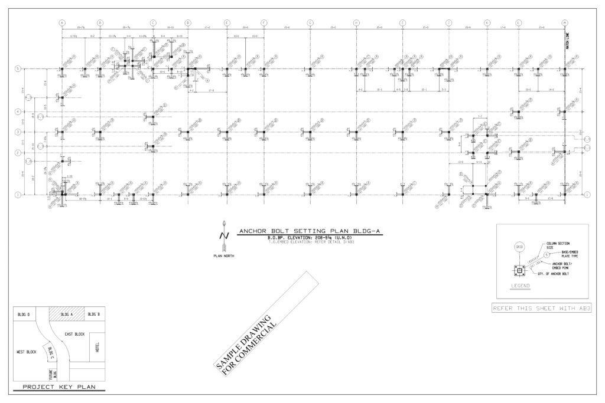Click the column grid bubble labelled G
click(310, 23)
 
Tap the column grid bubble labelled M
click(565, 23)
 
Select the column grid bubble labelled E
click(227, 23)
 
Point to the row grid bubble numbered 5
click(18, 69)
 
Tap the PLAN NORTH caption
click(223, 257)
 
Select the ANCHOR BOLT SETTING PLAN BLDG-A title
click(310, 231)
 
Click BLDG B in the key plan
click(93, 314)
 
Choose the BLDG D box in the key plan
click(24, 314)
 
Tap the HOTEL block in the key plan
click(97, 349)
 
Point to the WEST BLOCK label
click(27, 352)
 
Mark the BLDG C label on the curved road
click(52, 354)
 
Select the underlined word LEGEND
click(521, 286)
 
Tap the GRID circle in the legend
click(519, 247)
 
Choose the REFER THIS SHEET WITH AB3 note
click(541, 308)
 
